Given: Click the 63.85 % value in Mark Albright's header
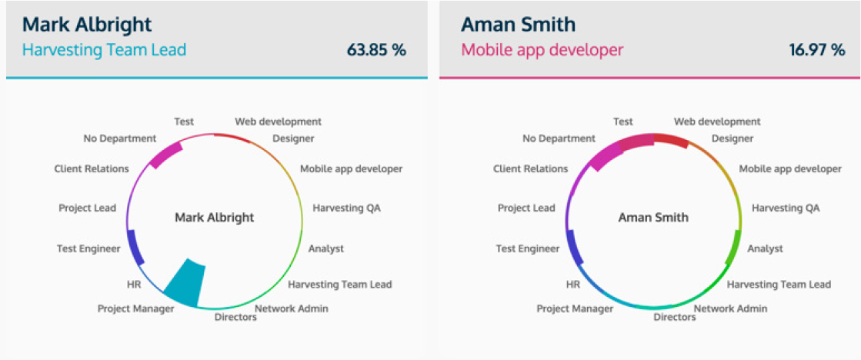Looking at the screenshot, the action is (x=376, y=50).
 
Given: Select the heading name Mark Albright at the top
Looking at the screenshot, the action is (x=87, y=25).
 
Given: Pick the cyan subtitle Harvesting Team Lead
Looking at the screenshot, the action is (x=105, y=50).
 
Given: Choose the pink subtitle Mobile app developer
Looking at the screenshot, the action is (x=542, y=51).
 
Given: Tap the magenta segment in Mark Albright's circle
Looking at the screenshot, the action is (x=165, y=155).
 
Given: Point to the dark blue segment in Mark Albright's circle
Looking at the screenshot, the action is (x=135, y=247).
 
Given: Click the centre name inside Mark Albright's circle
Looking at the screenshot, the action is (x=214, y=218).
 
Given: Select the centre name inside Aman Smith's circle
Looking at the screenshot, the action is (x=653, y=218).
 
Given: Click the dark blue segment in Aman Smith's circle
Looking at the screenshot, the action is (x=574, y=247).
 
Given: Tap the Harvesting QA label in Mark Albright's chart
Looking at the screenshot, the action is (x=346, y=208).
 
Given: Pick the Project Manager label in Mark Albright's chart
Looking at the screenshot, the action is (x=135, y=309).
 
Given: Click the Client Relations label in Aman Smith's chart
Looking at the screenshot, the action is (x=530, y=169).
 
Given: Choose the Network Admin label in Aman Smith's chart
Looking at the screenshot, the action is (x=731, y=308).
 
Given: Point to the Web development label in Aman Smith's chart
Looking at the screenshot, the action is (x=717, y=122).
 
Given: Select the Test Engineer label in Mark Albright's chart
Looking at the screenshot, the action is (x=88, y=249).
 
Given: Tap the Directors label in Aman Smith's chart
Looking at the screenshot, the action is (x=674, y=317).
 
